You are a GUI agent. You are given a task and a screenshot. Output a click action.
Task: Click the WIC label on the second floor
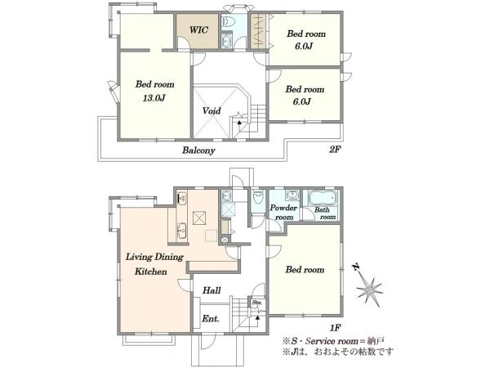click(x=198, y=30)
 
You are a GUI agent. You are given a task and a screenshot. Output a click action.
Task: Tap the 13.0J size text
click(x=154, y=98)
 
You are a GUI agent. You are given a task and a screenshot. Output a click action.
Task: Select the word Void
click(x=212, y=110)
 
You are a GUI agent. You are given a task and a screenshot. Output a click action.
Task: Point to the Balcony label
click(x=198, y=150)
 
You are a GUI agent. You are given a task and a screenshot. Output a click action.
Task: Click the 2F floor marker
click(x=334, y=150)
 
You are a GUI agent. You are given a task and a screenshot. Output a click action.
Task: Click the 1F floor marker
click(x=335, y=328)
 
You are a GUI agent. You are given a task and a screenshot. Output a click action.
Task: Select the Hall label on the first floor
click(x=212, y=290)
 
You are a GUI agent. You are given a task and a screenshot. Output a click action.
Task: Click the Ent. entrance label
click(x=211, y=319)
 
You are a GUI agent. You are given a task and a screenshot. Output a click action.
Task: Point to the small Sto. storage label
click(x=257, y=303)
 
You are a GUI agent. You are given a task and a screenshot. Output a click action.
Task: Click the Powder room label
click(x=283, y=212)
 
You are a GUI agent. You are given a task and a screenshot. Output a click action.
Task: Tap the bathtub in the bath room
click(x=323, y=198)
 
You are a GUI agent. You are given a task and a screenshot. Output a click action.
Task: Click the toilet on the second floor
click(x=228, y=21)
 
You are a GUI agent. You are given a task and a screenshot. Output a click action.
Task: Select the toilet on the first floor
click(x=258, y=197)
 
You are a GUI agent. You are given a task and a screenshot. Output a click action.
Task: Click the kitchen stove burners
click(x=181, y=197)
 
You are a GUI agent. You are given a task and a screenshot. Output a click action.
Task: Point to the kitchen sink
click(x=181, y=231)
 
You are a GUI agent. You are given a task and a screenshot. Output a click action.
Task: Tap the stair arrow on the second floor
click(x=239, y=123)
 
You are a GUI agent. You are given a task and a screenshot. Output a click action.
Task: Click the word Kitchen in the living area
click(x=150, y=271)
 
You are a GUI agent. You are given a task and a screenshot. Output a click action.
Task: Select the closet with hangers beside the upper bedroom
click(x=259, y=31)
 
